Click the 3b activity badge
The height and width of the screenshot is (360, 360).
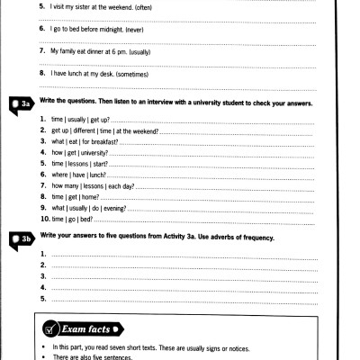[20, 238]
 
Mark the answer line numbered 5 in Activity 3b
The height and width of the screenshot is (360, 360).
[180, 298]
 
